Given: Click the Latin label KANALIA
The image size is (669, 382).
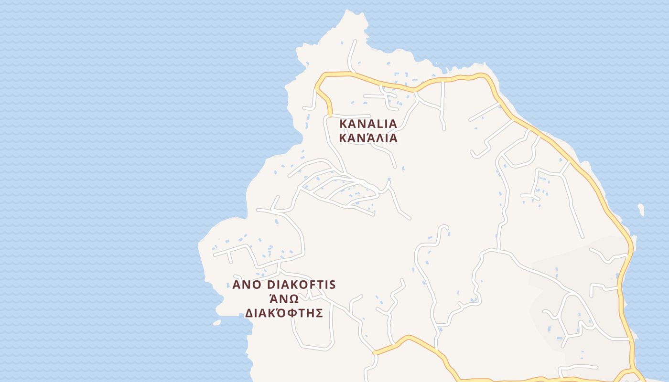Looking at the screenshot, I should coord(368,124).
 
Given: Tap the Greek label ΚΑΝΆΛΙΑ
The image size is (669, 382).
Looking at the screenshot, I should coord(368,138).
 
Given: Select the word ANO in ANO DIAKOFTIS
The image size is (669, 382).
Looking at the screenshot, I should coord(247,285).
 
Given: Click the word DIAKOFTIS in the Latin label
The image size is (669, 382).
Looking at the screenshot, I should coord(302,285).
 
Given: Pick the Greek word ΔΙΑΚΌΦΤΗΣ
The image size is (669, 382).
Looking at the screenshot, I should coord(284,313).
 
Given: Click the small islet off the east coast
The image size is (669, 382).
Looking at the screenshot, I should coord(641,209).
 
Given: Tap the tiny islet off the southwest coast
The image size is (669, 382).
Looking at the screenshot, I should coord(217,323).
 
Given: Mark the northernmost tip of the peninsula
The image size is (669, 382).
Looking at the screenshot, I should coord(345,12).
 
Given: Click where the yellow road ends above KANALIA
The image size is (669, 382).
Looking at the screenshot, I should coord(330,115).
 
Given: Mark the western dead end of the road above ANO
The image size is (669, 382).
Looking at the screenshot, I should coord(214,255).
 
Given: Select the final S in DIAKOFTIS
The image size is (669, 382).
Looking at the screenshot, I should coord(333,285).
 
